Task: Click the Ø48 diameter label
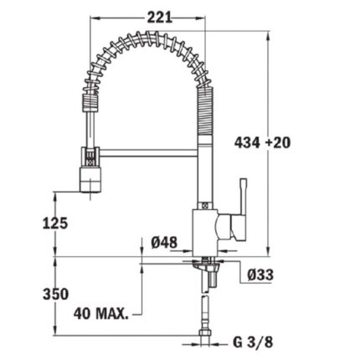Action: (x=164, y=243)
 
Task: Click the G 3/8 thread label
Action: (x=249, y=342)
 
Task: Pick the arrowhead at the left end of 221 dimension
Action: (x=92, y=15)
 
